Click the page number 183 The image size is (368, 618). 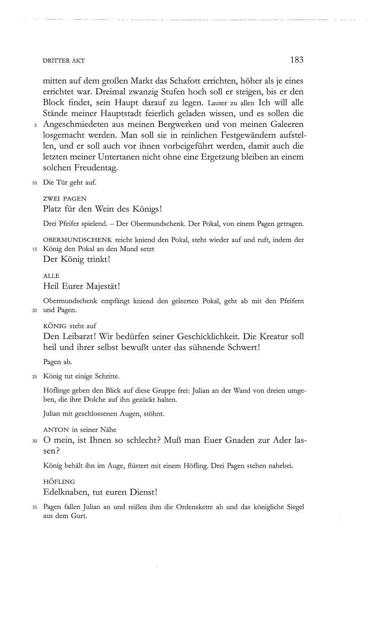296,60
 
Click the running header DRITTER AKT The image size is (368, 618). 63,61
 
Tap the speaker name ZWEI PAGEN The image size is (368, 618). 65,199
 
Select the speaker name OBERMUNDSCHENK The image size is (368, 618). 78,240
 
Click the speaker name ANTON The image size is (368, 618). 55,429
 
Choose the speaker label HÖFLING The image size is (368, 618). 59,482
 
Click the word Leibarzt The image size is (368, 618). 78,337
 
